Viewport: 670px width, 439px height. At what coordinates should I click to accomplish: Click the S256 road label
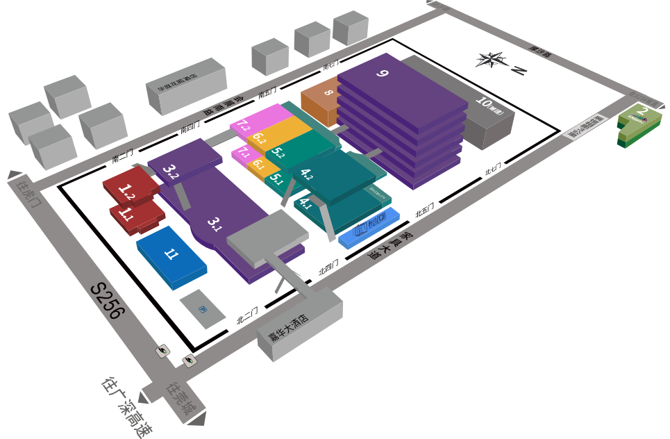tap(108, 301)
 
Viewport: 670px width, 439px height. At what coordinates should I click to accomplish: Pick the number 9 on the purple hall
tap(382, 72)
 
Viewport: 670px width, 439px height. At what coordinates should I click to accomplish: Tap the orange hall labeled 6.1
tap(258, 165)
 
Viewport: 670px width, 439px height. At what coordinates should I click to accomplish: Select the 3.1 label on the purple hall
tap(215, 224)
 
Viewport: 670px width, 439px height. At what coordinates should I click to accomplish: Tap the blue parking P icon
tap(203, 308)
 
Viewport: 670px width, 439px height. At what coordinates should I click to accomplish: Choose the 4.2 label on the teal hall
tap(306, 174)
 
